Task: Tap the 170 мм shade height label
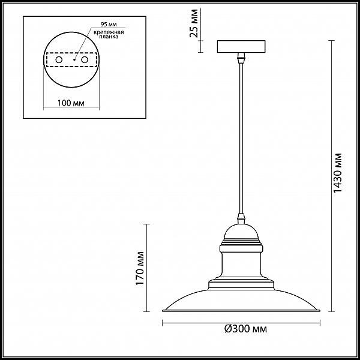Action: pos(140,268)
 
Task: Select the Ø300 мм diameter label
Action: pos(245,329)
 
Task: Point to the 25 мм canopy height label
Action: pos(194,23)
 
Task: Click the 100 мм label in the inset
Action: pos(71,103)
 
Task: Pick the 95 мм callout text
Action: pos(109,25)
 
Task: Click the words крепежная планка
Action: pos(109,34)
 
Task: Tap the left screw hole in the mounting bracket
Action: pos(59,60)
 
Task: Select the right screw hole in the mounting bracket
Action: pos(85,60)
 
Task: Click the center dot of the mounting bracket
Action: pos(74,59)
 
